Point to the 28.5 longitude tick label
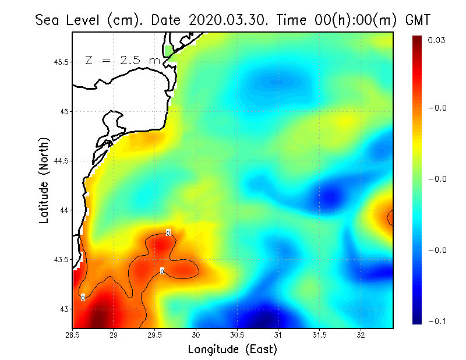click(x=73, y=335)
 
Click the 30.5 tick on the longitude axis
click(x=237, y=335)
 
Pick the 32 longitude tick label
click(x=361, y=335)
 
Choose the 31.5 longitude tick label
click(x=320, y=335)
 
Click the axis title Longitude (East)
click(x=232, y=349)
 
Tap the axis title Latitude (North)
click(x=44, y=181)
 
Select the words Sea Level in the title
click(x=69, y=20)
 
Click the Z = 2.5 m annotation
click(x=122, y=60)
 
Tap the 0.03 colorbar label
click(x=437, y=40)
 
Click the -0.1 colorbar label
click(x=437, y=321)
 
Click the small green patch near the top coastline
click(x=170, y=50)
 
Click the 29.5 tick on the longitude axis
click(x=155, y=335)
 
